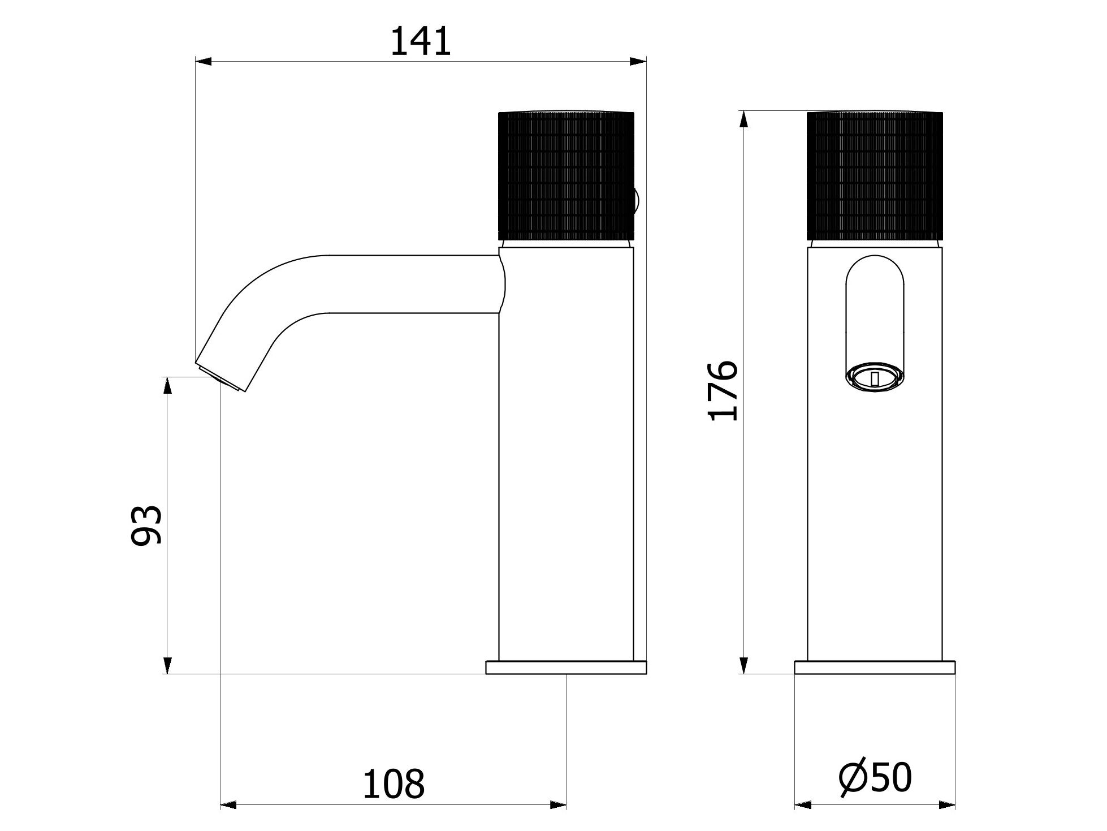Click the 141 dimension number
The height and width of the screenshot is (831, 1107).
pos(421,42)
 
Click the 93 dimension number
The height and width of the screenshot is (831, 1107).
pos(146,526)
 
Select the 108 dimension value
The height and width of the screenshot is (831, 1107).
pos(393,784)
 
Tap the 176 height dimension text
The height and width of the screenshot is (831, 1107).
pos(723,391)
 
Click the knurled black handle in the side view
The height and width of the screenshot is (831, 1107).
pos(565,176)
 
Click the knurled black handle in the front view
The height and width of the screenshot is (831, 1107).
pos(875,176)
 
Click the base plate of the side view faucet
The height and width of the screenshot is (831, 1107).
pos(566,668)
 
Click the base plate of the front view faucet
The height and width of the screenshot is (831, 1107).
pos(875,668)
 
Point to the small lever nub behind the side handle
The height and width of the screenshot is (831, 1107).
pos(637,201)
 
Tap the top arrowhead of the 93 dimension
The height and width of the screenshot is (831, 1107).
pos(167,386)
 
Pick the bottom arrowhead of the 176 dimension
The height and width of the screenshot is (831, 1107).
pos(744,665)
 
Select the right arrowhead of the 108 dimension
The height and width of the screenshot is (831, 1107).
pos(557,805)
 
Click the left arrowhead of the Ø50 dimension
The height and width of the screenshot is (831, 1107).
pos(803,805)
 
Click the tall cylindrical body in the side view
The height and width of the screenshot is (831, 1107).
pos(566,453)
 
